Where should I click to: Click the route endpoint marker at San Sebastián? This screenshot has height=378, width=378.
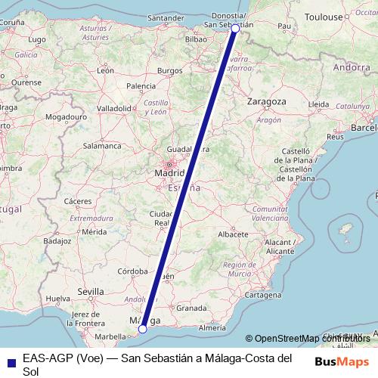pyautogui.click(x=235, y=28)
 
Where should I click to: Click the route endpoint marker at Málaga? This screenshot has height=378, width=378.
pyautogui.click(x=142, y=329)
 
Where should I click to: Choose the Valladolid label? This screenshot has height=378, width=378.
pyautogui.click(x=113, y=108)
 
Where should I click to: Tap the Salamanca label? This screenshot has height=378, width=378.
pyautogui.click(x=102, y=145)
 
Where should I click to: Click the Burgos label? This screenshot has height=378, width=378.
pyautogui.click(x=169, y=70)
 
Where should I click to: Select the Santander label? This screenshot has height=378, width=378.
pyautogui.click(x=166, y=17)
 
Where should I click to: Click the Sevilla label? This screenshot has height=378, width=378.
pyautogui.click(x=90, y=291)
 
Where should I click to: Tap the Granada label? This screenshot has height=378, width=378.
pyautogui.click(x=191, y=308)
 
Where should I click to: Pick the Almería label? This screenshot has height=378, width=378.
pyautogui.click(x=212, y=328)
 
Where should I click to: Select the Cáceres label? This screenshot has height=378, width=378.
pyautogui.click(x=78, y=200)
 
